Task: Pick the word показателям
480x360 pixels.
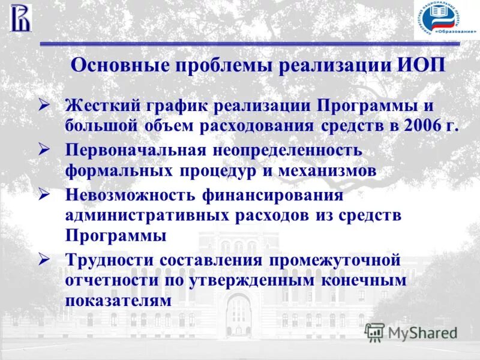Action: pyautogui.click(x=119, y=300)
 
